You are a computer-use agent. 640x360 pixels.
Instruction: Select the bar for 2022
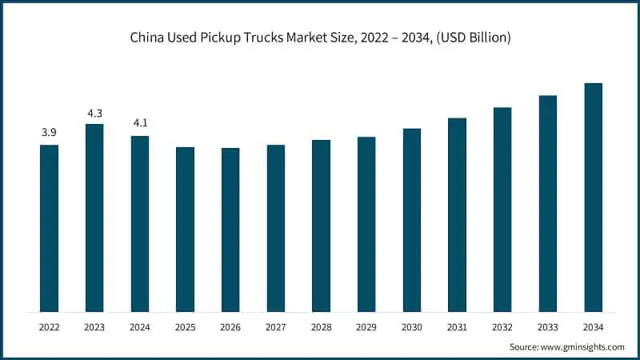[49, 228]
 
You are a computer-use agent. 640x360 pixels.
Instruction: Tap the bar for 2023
[94, 218]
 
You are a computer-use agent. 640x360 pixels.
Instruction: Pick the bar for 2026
[230, 230]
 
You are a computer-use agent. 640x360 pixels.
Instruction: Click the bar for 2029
[366, 224]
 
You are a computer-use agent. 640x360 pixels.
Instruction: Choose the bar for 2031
[457, 214]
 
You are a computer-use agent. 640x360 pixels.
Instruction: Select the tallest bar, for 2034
[593, 197]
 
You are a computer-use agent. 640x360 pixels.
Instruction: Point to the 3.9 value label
[49, 132]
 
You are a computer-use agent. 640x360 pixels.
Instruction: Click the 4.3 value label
[94, 112]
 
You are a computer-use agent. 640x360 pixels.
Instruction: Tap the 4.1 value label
[140, 123]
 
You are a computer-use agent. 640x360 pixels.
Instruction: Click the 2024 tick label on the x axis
[140, 326]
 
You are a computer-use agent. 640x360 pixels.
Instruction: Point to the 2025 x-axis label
[185, 326]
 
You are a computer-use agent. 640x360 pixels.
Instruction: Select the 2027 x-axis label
[276, 326]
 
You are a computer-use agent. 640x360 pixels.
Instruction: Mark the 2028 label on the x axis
[321, 326]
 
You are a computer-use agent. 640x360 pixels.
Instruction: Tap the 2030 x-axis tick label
[412, 326]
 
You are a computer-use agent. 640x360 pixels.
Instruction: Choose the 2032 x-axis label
[502, 326]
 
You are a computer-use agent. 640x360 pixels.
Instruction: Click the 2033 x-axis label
[548, 326]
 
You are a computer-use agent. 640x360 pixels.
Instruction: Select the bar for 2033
[548, 203]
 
